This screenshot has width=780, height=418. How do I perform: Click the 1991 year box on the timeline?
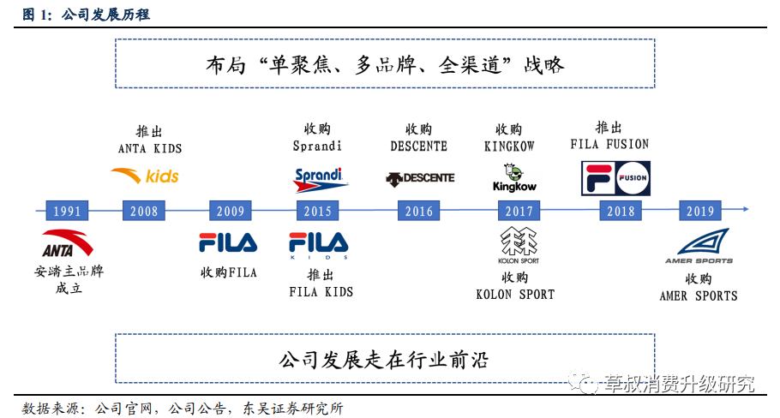[68, 210]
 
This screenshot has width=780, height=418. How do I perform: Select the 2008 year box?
[144, 210]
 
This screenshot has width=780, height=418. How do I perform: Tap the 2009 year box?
[230, 210]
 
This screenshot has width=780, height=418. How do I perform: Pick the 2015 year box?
[318, 210]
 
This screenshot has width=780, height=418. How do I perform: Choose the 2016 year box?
[418, 210]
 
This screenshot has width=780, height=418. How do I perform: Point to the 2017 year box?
[519, 210]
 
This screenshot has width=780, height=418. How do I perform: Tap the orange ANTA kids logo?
[145, 176]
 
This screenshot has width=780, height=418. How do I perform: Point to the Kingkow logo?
[514, 177]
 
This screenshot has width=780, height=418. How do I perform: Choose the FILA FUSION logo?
[615, 177]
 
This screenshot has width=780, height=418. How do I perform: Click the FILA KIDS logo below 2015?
[318, 245]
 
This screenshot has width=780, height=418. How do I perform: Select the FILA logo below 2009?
[228, 243]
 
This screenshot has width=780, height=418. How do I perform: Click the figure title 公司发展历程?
[106, 15]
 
